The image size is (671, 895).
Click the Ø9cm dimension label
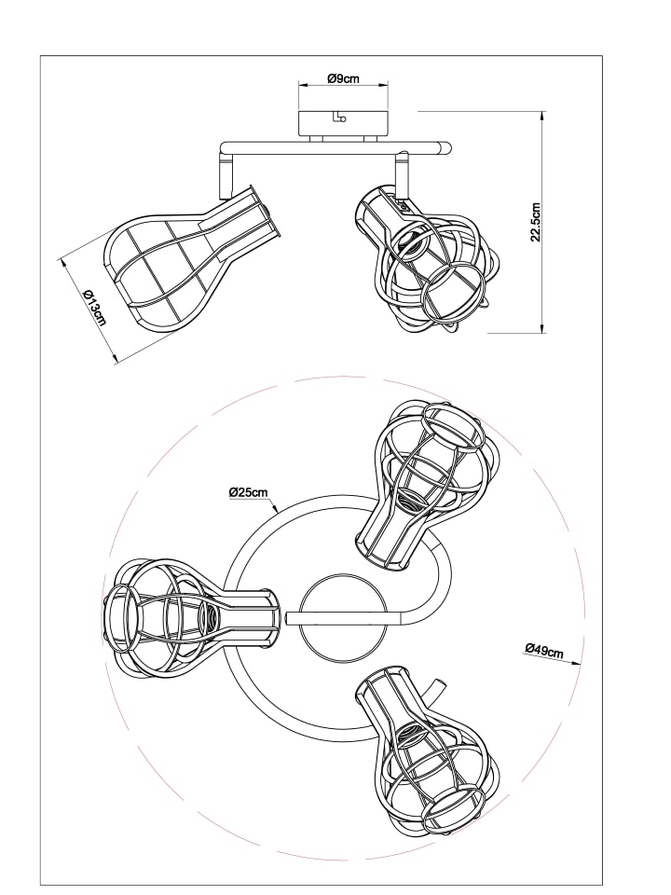pos(344,78)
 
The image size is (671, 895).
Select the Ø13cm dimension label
pos(94,307)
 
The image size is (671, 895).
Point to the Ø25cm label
pos(248,492)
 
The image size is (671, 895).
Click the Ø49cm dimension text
pos(543,650)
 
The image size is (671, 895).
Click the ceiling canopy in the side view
pos(344,124)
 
